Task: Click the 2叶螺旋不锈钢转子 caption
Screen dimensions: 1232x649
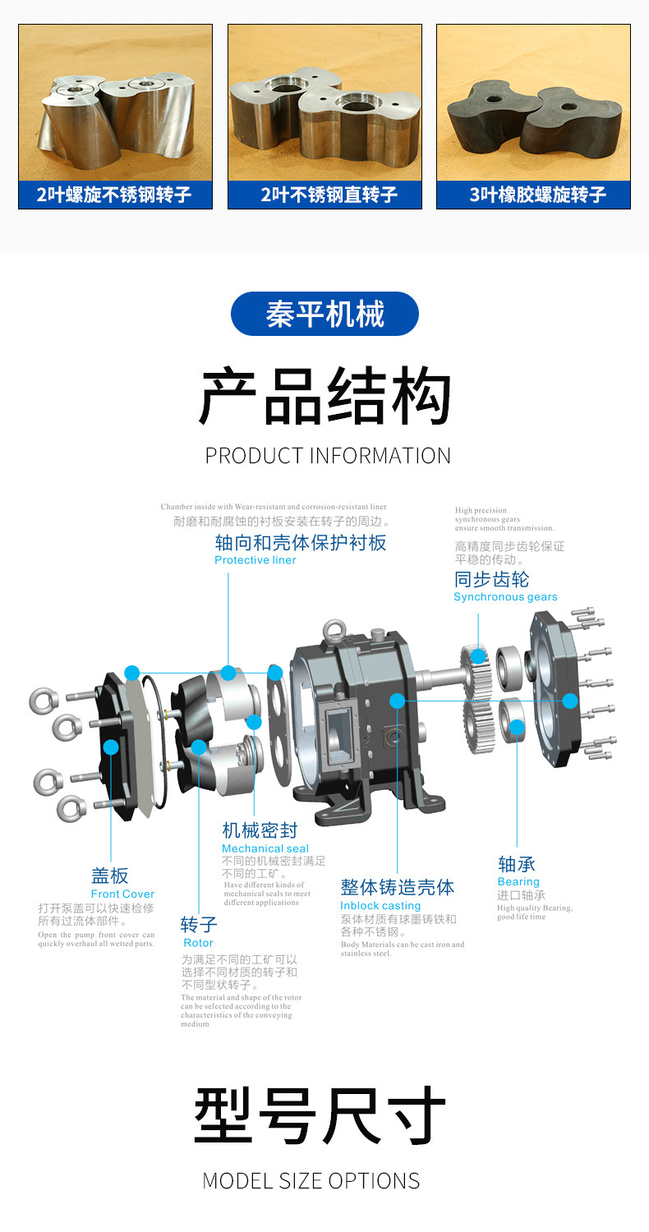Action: (x=115, y=195)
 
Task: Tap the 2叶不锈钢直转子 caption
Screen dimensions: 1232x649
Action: (x=324, y=195)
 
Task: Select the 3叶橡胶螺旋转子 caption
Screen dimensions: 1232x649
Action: (x=533, y=195)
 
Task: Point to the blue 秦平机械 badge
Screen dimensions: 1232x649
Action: (x=324, y=314)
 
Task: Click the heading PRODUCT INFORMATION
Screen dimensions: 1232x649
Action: (x=328, y=456)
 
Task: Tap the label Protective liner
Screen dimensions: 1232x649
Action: (x=255, y=560)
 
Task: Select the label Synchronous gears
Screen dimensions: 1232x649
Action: (x=505, y=597)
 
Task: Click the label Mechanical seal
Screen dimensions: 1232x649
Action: (x=265, y=848)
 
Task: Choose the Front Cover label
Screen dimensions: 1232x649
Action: (x=122, y=894)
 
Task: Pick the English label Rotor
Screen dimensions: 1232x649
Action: (x=198, y=943)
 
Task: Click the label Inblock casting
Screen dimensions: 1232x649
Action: (x=380, y=906)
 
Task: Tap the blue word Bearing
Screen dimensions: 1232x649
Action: (x=518, y=882)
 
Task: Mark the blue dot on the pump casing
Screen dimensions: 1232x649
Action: (x=398, y=701)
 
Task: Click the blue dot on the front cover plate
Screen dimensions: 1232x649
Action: (x=110, y=747)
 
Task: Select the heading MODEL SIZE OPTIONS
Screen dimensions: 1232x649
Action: (x=311, y=1181)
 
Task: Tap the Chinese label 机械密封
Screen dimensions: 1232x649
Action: (x=260, y=830)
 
